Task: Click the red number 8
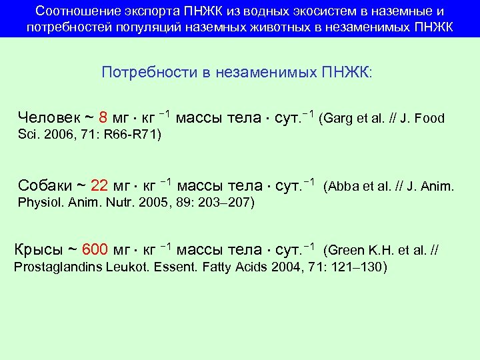pyautogui.click(x=103, y=118)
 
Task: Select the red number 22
pyautogui.click(x=99, y=185)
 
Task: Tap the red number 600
pyautogui.click(x=95, y=250)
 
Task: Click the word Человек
pyautogui.click(x=49, y=118)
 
